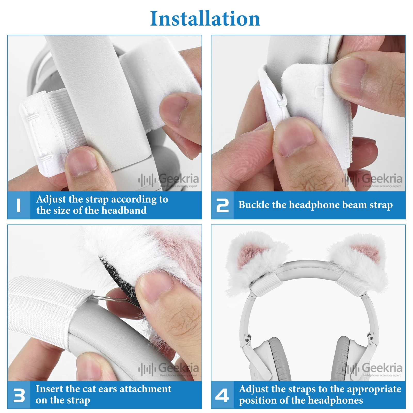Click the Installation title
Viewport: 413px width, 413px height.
click(x=205, y=19)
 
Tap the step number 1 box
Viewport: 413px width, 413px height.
click(x=19, y=205)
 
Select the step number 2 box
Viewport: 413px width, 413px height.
click(x=223, y=205)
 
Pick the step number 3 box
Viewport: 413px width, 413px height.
click(x=19, y=395)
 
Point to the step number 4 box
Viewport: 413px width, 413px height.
click(x=223, y=395)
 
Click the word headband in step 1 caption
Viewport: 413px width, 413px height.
click(x=124, y=210)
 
